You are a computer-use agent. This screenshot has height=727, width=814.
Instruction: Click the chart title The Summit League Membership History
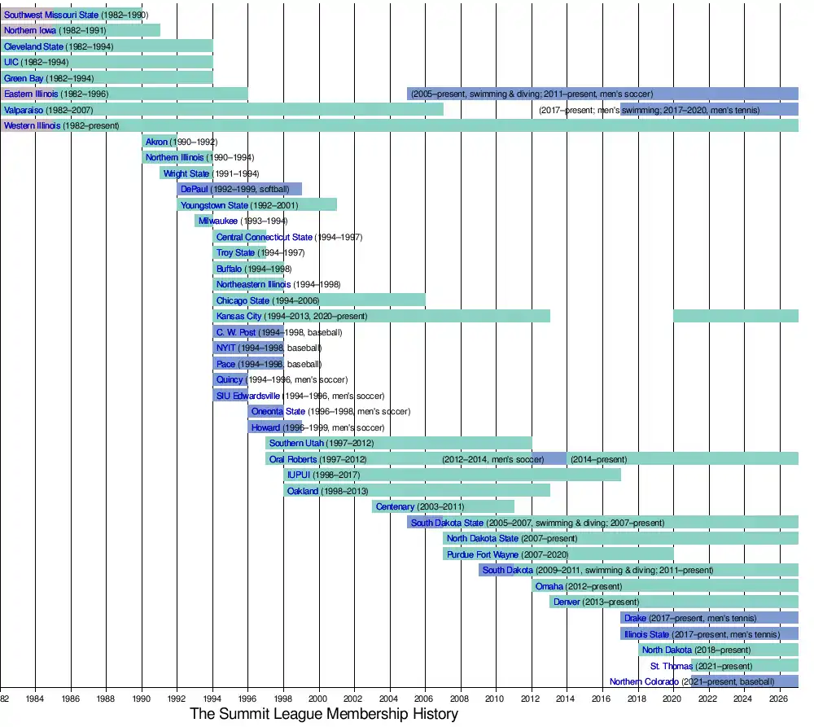coord(324,714)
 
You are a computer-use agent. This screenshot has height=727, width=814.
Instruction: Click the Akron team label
coord(156,142)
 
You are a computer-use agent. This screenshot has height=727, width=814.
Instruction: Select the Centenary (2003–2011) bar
coord(443,506)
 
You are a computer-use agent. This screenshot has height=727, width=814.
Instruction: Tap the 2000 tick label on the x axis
coord(317,699)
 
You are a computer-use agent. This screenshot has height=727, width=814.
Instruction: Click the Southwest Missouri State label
coord(50,15)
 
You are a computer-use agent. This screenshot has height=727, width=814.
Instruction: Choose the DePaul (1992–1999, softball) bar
coord(239,189)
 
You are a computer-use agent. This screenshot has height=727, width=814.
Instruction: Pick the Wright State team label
coord(186,173)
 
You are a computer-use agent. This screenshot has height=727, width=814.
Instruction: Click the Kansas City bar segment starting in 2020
coord(735,316)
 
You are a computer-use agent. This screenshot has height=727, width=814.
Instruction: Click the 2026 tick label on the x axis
coord(778,699)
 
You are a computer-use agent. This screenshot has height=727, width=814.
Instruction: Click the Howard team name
coord(265,427)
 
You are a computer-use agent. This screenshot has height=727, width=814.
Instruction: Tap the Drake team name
coord(635,618)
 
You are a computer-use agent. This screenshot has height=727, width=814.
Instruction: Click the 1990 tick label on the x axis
coord(141,699)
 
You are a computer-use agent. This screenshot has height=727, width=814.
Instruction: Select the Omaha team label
coord(549,586)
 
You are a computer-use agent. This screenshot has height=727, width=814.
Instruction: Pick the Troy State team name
coord(235,252)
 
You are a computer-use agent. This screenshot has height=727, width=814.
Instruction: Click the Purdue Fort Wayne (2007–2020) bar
coord(558,554)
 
